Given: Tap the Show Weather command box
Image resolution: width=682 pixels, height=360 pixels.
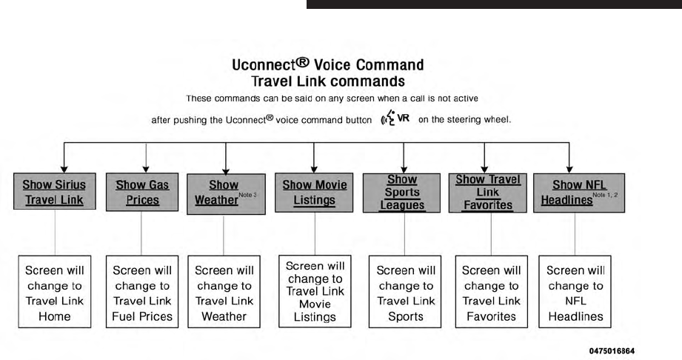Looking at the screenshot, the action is (x=224, y=193).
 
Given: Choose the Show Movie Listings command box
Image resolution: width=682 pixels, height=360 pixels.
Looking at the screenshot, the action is (x=315, y=192).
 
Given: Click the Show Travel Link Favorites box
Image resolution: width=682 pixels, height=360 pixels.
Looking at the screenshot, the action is (x=488, y=192).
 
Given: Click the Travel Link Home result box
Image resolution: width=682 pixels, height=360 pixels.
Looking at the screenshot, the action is (x=55, y=293).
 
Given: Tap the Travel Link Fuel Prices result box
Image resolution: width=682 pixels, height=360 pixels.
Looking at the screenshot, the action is (x=142, y=293).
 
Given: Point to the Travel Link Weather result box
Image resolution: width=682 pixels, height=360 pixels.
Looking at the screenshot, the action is (x=224, y=293).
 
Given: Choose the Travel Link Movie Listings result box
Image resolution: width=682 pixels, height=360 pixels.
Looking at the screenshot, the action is (x=314, y=291).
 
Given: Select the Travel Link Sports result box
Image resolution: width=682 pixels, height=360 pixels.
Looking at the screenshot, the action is (x=405, y=293).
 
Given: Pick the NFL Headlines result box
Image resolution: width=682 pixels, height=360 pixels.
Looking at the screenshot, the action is (x=575, y=293).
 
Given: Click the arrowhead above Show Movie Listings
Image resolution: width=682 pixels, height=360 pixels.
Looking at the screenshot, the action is (x=315, y=169).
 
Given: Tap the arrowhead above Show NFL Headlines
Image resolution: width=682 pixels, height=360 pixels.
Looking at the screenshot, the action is (x=569, y=169).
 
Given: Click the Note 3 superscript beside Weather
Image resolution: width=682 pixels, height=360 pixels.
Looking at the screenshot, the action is (x=247, y=194).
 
